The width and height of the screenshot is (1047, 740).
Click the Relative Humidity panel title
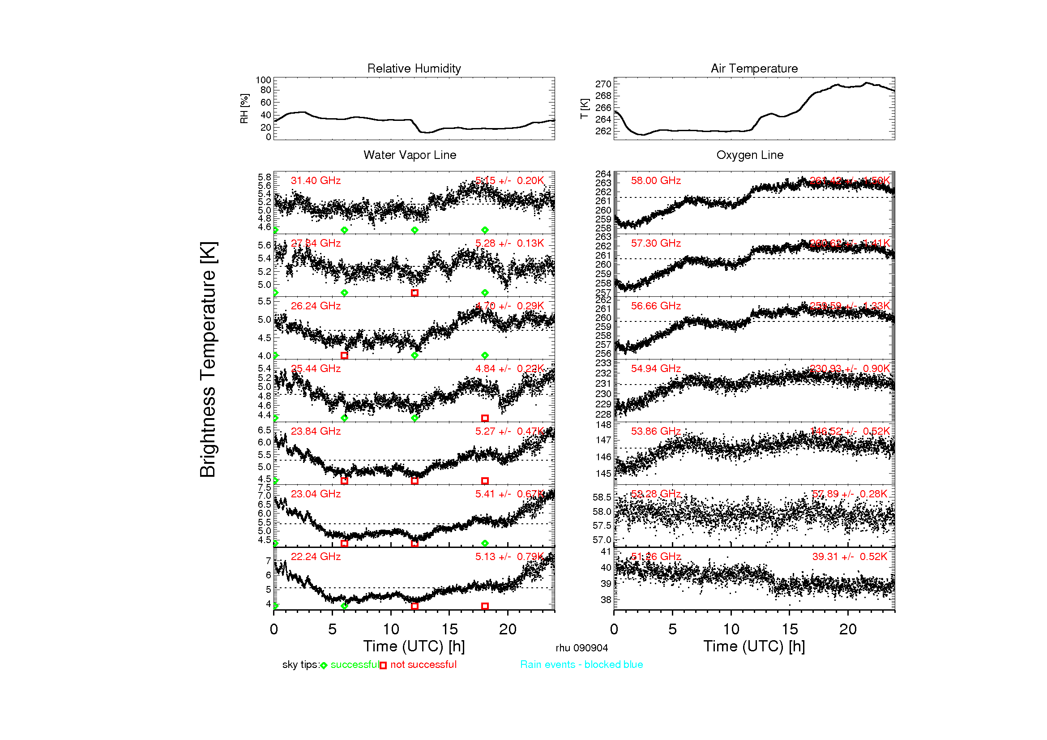point(414,68)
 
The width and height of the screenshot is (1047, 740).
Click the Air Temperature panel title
point(754,68)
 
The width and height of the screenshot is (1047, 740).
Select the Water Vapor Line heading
point(410,155)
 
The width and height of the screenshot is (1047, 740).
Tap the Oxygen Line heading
point(749,155)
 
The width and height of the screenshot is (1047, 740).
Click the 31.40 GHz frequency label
point(316,180)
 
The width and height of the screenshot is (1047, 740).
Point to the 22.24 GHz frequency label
point(316,556)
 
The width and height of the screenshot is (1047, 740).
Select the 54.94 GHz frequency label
point(655,368)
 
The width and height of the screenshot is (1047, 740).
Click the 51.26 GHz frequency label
point(655,556)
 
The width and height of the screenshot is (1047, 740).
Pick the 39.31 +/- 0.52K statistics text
point(849,556)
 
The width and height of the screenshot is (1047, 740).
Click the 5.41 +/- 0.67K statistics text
point(509,494)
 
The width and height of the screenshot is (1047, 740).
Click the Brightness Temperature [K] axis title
point(208,359)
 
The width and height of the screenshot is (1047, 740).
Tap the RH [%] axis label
point(244,108)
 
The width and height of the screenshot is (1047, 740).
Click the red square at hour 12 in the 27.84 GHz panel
point(414,293)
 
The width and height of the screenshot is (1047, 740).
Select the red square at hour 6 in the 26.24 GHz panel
point(344,355)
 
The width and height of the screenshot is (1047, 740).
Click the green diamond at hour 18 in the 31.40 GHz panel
point(485,230)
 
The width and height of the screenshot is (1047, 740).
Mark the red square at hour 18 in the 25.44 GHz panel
point(485,418)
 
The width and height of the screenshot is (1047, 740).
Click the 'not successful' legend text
point(423,664)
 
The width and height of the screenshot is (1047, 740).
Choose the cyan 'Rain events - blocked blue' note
point(581,664)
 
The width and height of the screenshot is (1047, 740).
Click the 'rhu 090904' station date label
point(581,648)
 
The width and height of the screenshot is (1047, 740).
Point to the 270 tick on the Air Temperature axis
point(603,84)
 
